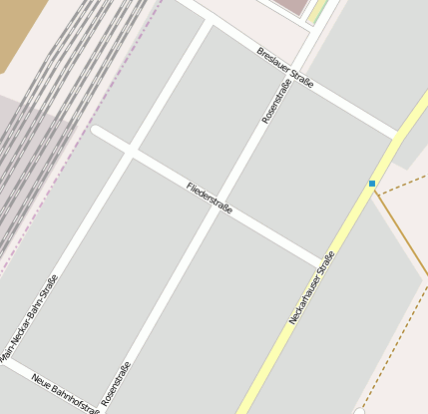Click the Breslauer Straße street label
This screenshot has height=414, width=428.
click(285, 68)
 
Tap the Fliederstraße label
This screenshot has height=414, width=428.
click(210, 199)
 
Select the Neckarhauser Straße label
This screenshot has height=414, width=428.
click(311, 287)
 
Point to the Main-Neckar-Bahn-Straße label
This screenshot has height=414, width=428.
click(29, 318)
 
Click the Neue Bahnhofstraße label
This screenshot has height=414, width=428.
click(66, 393)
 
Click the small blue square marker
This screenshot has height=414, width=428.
click(372, 184)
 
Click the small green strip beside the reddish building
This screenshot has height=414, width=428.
click(317, 12)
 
